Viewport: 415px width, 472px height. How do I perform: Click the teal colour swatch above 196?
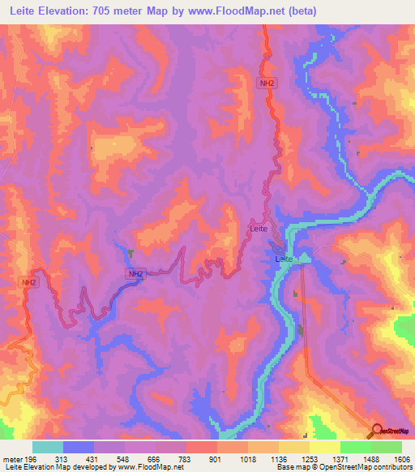tap(48, 447)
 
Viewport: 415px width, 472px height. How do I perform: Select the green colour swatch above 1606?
tap(386, 447)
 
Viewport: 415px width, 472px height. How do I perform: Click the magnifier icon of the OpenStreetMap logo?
tap(376, 430)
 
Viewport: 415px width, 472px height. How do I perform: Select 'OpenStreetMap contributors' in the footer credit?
tap(366, 467)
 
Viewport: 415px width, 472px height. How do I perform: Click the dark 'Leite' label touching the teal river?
tap(284, 259)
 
